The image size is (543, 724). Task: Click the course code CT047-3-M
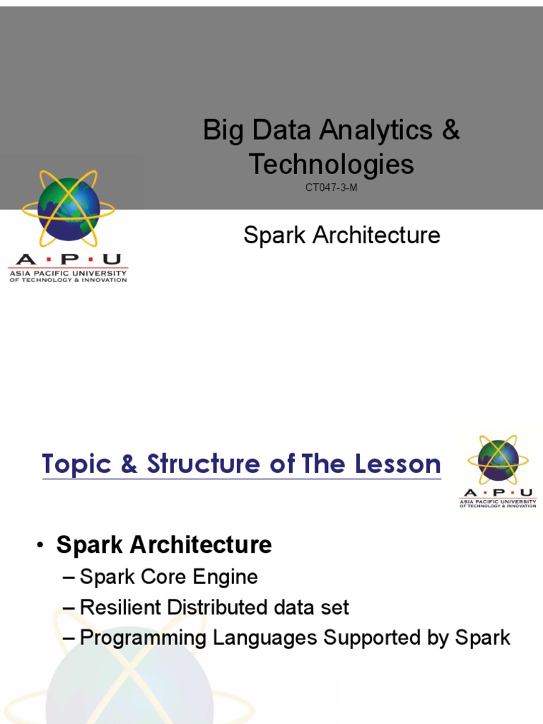pyautogui.click(x=331, y=187)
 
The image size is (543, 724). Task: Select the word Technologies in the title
pyautogui.click(x=331, y=164)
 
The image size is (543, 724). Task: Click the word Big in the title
pyautogui.click(x=218, y=131)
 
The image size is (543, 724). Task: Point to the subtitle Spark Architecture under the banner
pyautogui.click(x=341, y=235)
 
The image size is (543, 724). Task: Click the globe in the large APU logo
pyautogui.click(x=68, y=209)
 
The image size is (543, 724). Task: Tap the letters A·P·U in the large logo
pyautogui.click(x=68, y=259)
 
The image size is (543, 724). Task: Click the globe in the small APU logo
pyautogui.click(x=498, y=460)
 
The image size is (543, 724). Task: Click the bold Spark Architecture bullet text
pyautogui.click(x=164, y=545)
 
